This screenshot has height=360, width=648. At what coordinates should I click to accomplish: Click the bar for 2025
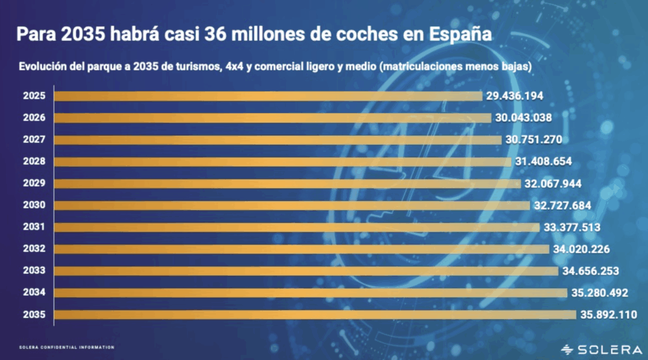pos(268,96)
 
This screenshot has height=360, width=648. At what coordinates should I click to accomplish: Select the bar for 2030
pos(292,205)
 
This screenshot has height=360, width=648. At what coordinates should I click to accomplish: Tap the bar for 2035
pos(315,315)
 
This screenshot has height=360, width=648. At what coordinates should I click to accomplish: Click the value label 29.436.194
pos(514,96)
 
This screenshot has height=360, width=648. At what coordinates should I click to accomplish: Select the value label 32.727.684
pos(563,205)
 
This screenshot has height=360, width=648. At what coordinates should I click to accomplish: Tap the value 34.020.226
pos(582,249)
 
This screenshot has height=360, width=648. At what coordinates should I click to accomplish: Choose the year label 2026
pos(33,118)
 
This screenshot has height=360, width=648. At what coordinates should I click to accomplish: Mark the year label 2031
pos(33,227)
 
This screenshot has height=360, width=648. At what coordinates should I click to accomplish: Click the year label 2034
pos(33,293)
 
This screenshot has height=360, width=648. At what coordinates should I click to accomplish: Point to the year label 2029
pos(33,184)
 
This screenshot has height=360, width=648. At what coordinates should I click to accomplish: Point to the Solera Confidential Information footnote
pos(66,348)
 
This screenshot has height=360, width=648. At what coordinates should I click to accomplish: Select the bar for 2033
pos(306,270)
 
